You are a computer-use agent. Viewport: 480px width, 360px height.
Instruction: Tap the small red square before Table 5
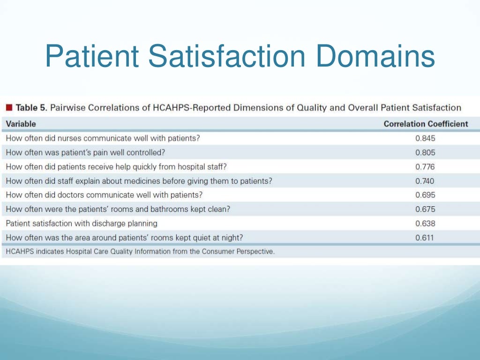(9, 108)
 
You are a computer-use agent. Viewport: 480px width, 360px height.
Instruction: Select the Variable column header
(21, 124)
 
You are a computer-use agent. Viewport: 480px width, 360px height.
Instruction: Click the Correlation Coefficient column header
(425, 124)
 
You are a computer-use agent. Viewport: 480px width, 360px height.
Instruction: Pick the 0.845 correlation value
(425, 138)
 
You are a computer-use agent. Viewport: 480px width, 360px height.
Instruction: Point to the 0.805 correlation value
(425, 152)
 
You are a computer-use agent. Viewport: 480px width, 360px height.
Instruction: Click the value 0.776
(425, 166)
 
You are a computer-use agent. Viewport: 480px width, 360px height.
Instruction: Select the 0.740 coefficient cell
(425, 181)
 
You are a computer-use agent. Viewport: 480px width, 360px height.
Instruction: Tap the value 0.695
(425, 195)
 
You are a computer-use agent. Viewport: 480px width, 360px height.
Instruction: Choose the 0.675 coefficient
(425, 209)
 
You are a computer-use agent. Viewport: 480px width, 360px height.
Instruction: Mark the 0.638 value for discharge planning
(425, 224)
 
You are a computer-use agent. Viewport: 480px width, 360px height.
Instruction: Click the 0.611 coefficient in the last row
(425, 238)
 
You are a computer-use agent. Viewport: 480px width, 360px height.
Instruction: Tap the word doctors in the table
(68, 195)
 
